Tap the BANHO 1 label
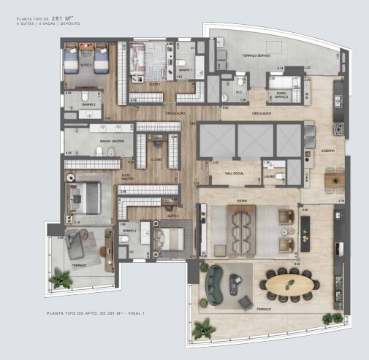coord(184,70)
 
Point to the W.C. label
coord(240,92)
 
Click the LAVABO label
coord(270,175)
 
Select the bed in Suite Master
coord(86,196)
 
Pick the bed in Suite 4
coord(170,238)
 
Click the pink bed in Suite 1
coord(155,58)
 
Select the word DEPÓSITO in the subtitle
coord(68,23)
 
